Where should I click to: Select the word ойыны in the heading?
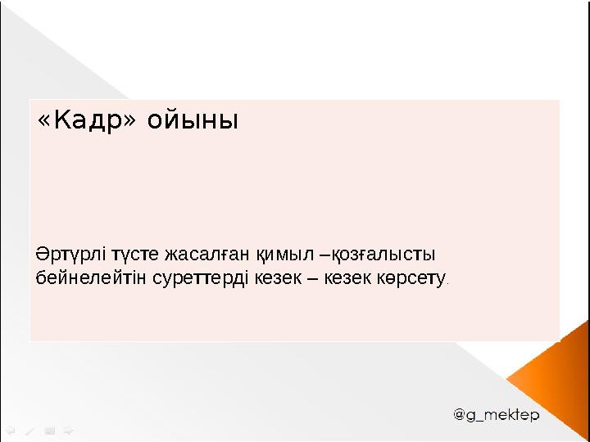(x=193, y=122)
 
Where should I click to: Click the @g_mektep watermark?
(x=497, y=416)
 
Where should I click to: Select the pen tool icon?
(x=29, y=428)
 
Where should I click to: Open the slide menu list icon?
(x=49, y=428)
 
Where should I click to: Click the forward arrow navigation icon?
(x=68, y=428)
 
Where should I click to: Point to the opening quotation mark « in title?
(x=44, y=122)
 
